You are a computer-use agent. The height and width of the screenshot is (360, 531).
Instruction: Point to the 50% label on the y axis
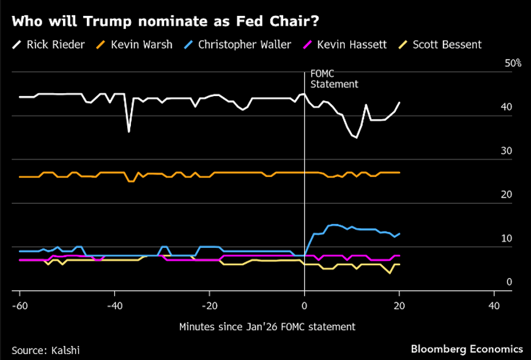pos(513,63)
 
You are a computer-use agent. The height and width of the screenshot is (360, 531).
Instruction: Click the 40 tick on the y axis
pos(506,107)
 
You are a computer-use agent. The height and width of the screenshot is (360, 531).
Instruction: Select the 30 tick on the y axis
pos(506,151)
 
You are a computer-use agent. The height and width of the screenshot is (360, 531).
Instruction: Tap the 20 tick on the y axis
pos(506,195)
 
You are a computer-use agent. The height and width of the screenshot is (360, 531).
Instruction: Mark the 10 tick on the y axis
pos(506,239)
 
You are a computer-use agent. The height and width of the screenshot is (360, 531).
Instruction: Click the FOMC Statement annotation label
pos(334,79)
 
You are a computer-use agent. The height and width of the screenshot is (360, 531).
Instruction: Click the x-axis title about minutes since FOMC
pos(267,327)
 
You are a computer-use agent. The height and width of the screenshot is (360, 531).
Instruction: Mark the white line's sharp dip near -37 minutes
pos(128,131)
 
